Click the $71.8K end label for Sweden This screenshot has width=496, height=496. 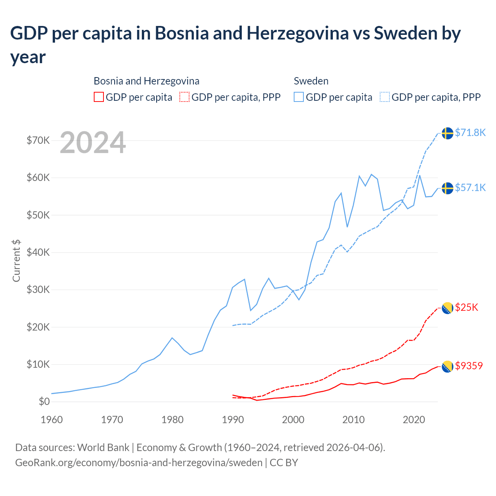pos(470,133)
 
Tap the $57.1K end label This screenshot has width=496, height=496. pos(470,188)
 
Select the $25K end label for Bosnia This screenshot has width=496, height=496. pos(467,307)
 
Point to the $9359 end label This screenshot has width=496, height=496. pos(469,366)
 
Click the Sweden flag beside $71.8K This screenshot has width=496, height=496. pos(448,133)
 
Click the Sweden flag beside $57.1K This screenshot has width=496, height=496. pos(448,188)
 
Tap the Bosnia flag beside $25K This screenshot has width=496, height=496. pos(448,308)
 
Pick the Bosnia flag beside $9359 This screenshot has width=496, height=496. pos(448,366)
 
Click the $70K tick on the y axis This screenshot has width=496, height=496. pos(38,140)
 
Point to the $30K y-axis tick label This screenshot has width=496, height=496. pos(38,289)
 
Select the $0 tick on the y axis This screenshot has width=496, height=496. pos(44,401)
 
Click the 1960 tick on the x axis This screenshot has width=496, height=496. pos(52,420)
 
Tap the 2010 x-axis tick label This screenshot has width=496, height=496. pos(353,420)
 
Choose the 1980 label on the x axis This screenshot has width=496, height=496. pos(172,420)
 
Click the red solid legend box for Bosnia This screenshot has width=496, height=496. pos(99,97)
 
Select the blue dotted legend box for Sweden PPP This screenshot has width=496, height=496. pos(385,97)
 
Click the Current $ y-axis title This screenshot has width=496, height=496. pos(16,261)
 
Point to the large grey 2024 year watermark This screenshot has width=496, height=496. pos(93,143)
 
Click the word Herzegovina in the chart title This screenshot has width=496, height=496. pos(298,33)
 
